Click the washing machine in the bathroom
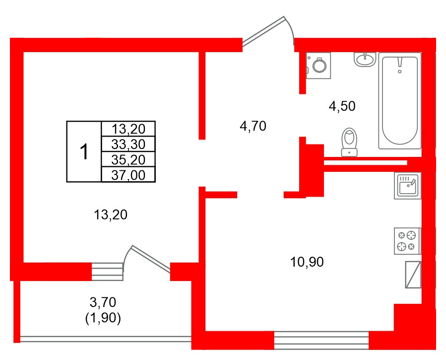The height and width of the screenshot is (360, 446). pos(319,65)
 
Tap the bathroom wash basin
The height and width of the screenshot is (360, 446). pos(365,59)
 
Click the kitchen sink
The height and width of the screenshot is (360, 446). pos(407,186)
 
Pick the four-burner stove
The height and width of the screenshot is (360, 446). pos(407,241)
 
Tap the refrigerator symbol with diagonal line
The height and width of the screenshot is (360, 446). pos(413,275)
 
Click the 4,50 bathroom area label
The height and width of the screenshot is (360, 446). pos(343,106)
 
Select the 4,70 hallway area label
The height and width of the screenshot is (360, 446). pos(253,127)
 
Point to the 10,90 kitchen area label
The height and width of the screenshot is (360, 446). pos(307,262)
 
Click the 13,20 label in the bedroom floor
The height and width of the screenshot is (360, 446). pos(111,215)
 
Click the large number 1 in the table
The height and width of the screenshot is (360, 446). pos(84,151)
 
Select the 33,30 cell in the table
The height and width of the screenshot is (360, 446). pos(128,144)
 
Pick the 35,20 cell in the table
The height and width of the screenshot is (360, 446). pos(128,159)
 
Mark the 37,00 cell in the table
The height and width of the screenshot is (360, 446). pos(128,174)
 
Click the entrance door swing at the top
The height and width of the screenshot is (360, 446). pos(268,31)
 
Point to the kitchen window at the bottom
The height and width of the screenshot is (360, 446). pos(321,340)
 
